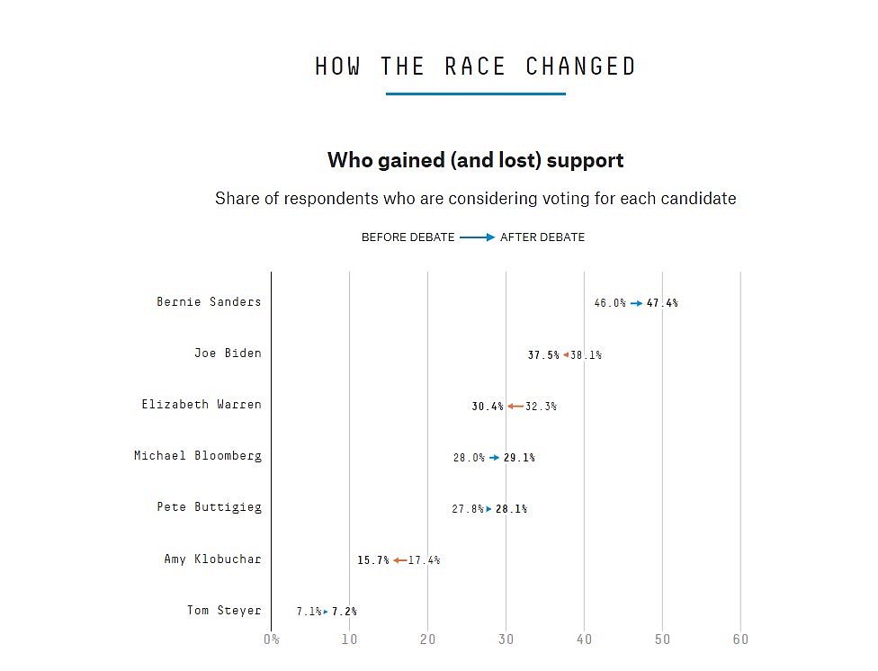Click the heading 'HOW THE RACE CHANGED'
tap(475, 67)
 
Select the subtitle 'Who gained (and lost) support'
tap(475, 161)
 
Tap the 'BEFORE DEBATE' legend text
tap(408, 237)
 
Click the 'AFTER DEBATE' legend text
tap(542, 237)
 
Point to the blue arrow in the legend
tap(477, 237)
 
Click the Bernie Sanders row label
tap(209, 301)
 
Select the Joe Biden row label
tap(228, 353)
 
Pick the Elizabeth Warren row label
tap(202, 404)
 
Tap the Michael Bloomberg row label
tap(198, 455)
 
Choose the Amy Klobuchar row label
tap(212, 559)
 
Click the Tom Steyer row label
tap(224, 610)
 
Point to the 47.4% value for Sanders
tap(662, 303)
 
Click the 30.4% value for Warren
tap(488, 407)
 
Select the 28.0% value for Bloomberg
tap(469, 458)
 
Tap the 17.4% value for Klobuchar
tap(424, 560)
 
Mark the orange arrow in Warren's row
tap(515, 407)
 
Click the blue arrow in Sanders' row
tap(636, 303)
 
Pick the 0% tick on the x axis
tap(271, 640)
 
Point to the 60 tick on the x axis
tap(740, 640)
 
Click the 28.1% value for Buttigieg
tap(511, 509)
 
